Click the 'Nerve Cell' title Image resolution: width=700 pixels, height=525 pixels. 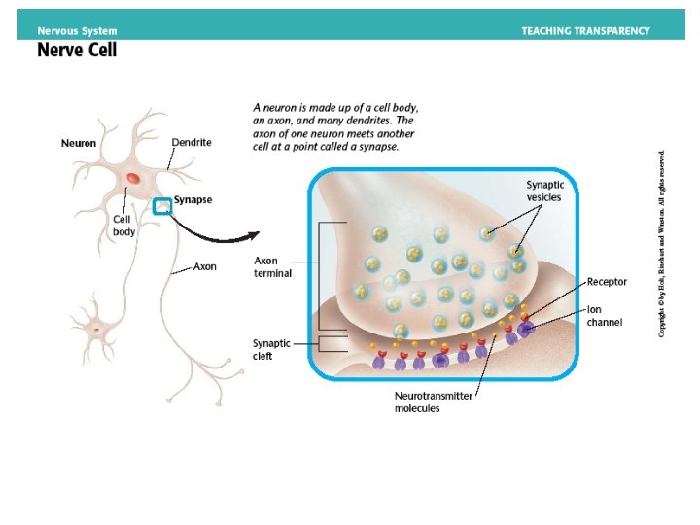77,49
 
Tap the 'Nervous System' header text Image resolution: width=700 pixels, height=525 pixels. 77,30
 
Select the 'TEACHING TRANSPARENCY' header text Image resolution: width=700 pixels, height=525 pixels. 585,30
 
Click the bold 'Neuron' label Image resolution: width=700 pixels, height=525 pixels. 79,144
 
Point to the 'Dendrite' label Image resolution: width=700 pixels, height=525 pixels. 191,142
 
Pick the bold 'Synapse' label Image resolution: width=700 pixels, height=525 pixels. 192,200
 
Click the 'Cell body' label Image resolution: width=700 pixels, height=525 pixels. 123,226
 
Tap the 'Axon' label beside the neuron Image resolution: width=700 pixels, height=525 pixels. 204,265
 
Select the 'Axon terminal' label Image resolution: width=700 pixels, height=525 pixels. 272,267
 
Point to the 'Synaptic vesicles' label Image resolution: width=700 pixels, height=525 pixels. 545,191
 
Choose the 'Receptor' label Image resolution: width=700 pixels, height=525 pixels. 607,282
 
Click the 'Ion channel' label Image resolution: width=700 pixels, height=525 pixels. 605,316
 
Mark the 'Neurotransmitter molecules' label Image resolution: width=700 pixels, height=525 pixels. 433,402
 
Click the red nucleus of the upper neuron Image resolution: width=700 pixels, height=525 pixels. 131,179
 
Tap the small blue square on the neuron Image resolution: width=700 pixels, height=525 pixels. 162,205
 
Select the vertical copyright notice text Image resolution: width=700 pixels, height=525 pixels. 662,243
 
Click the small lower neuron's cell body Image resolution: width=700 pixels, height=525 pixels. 97,329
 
